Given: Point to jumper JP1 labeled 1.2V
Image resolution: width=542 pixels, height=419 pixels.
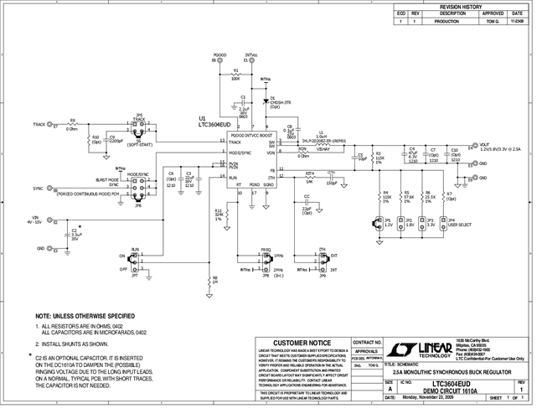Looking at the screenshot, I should (x=379, y=224).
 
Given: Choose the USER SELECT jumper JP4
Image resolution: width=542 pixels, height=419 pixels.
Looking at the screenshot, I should (x=443, y=224).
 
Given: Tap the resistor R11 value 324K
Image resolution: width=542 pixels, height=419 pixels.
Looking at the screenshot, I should (x=219, y=215).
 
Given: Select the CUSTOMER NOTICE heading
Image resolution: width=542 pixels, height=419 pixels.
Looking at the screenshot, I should (x=298, y=344).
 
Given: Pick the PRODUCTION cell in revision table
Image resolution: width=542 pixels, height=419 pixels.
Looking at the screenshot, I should (x=452, y=22).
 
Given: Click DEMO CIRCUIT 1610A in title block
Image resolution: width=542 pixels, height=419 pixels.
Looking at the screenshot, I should (x=450, y=391).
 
